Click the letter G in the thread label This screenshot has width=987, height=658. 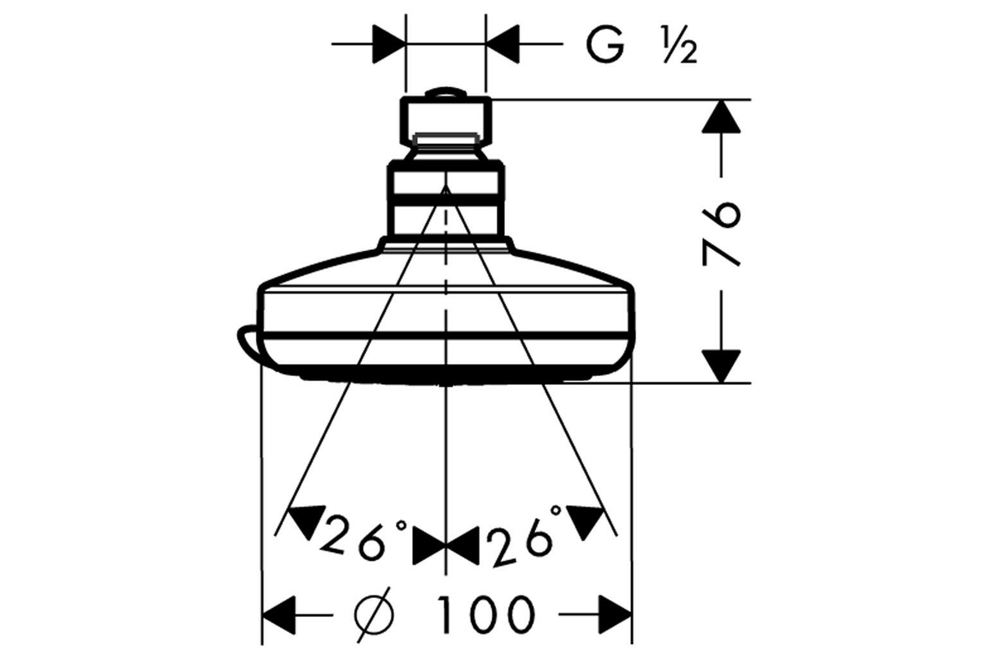605,44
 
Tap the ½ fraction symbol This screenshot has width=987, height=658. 680,44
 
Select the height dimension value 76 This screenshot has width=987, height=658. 720,234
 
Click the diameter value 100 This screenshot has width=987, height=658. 487,614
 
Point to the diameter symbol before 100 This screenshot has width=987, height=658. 373,614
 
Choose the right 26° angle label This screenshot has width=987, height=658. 525,536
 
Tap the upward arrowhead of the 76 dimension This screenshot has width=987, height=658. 721,116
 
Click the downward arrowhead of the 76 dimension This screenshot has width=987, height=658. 721,366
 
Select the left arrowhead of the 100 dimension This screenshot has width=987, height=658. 279,614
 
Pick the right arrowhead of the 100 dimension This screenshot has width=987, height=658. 616,614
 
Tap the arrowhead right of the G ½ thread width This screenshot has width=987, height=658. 503,44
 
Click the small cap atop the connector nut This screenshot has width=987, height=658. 446,91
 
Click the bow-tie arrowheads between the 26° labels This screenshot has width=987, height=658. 446,545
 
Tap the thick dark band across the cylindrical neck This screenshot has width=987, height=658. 446,200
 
